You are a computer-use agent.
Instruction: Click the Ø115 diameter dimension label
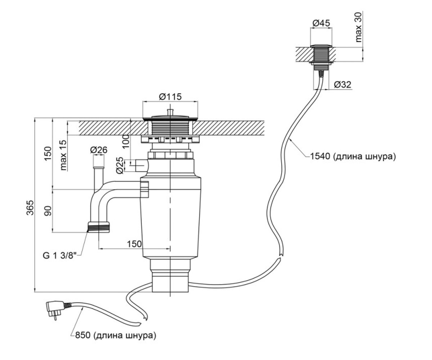coord(170,96)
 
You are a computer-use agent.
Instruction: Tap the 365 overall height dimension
coord(30,208)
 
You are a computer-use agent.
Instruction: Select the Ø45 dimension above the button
coord(321,23)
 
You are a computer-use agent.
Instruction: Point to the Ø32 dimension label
coord(342,84)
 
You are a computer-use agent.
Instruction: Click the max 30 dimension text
coord(359,27)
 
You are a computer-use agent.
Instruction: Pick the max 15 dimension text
coord(64,155)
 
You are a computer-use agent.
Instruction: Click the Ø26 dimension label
coord(99,150)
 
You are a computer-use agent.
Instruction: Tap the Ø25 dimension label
coord(120,166)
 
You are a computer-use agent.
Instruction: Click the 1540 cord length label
coord(353,156)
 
